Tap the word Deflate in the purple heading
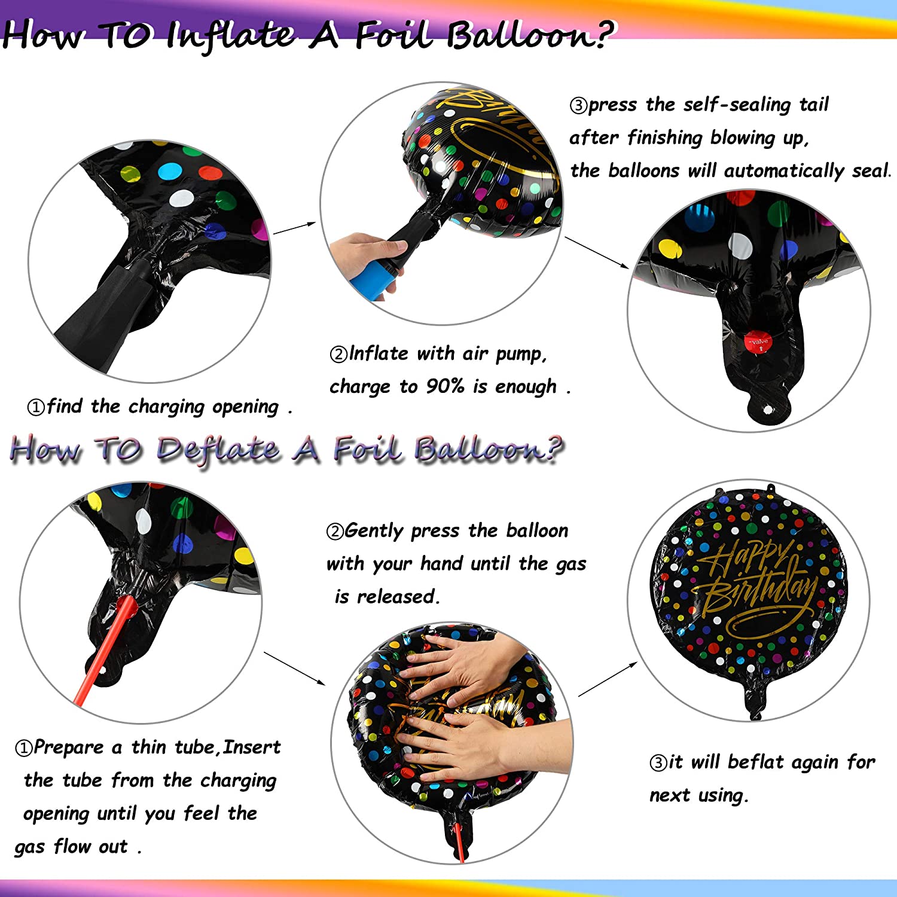coord(218,449)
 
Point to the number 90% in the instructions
coord(445,386)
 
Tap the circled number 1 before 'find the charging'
coord(36,407)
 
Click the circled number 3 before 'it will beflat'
coord(658,762)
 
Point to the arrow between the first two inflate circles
coord(294,228)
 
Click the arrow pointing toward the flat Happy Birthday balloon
coord(608,679)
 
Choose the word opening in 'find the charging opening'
coord(246,407)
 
